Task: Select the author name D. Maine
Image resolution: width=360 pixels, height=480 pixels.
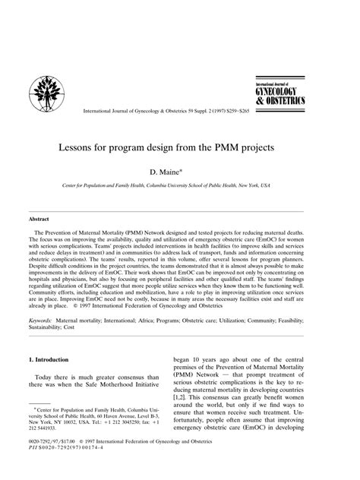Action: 180,172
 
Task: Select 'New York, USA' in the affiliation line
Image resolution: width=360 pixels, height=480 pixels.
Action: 279,185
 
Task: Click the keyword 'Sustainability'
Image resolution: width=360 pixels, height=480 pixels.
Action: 48,330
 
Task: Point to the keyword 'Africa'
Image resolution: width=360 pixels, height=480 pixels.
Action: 142,322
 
